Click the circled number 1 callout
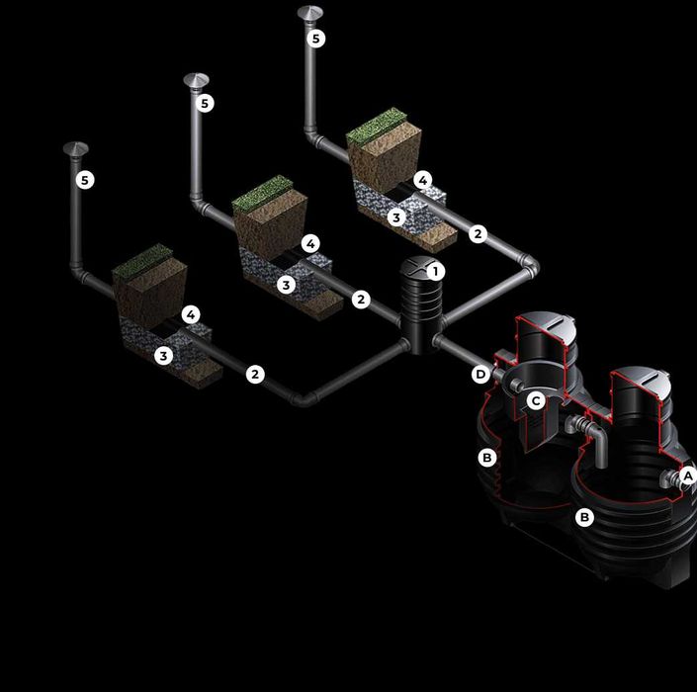436,271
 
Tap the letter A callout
688,476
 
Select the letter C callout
536,401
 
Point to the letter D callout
480,375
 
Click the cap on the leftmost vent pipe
75,149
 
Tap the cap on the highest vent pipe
309,13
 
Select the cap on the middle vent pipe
196,80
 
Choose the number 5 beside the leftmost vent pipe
85,180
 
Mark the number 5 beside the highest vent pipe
316,39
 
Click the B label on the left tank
486,457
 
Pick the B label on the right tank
584,517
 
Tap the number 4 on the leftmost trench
191,314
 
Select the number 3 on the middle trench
287,285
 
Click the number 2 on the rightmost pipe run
478,233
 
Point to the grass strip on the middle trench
262,194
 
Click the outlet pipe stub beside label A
670,479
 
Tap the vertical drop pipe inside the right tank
600,448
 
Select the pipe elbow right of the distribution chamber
530,266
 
